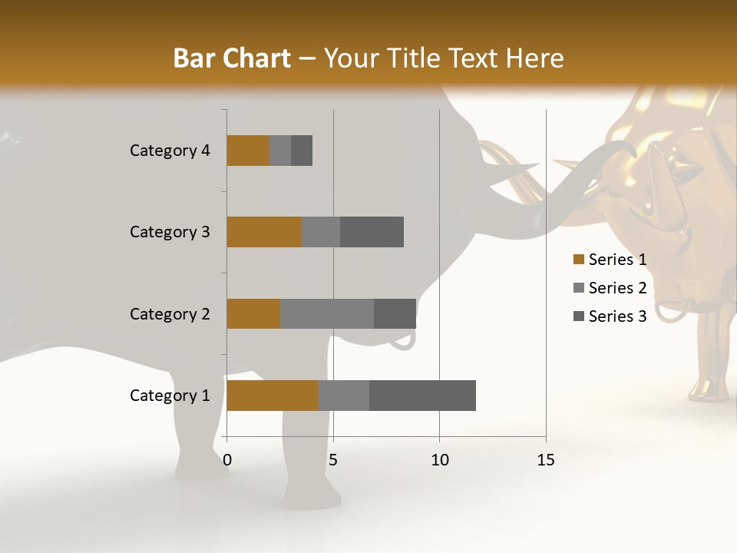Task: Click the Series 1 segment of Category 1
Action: (273, 396)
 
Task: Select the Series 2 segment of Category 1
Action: (344, 396)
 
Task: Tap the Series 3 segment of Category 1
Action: (422, 396)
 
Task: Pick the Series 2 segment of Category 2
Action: (327, 313)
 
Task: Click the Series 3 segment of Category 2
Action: (395, 313)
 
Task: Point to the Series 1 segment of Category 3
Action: (264, 232)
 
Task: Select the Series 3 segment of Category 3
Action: (372, 232)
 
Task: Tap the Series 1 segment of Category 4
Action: (248, 151)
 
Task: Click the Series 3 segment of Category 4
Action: (302, 151)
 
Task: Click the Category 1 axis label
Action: (170, 396)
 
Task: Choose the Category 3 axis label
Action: (170, 232)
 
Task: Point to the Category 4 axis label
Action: (170, 151)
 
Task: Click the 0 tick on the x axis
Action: (227, 460)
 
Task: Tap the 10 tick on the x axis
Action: (439, 460)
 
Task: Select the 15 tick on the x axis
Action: (546, 460)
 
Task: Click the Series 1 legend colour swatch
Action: (578, 260)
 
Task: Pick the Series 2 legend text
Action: (617, 288)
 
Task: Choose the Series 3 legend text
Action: (617, 316)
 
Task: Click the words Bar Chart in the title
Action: (232, 58)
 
